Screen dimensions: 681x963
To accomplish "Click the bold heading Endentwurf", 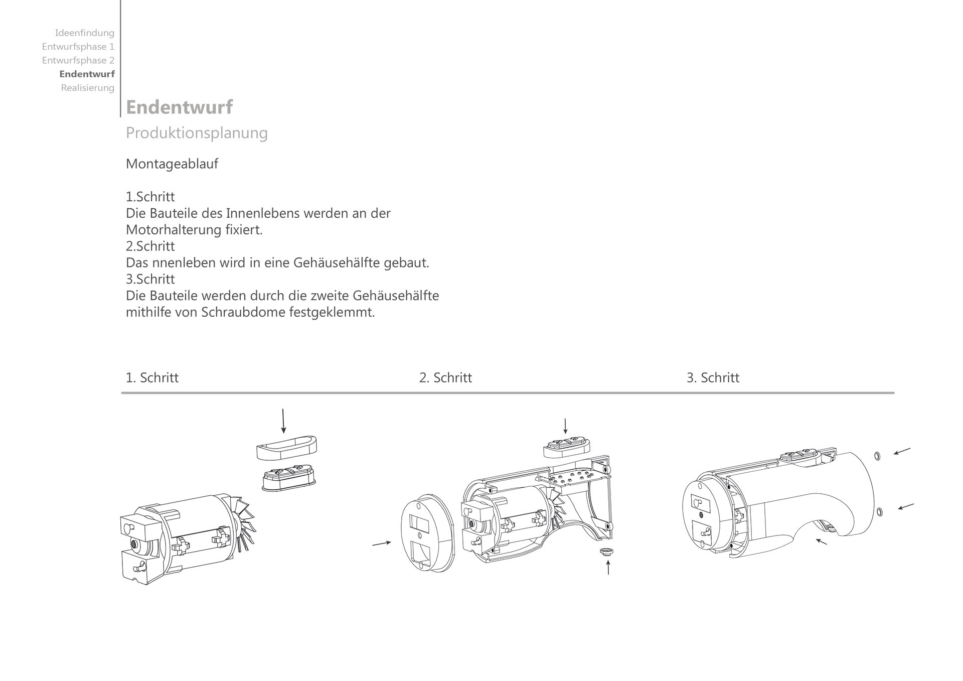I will pos(179,107).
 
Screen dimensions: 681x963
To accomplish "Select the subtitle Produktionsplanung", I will pos(197,133).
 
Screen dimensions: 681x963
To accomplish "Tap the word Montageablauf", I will pos(172,164).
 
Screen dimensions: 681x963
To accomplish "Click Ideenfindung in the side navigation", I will pos(84,33).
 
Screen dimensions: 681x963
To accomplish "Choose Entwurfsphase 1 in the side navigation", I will pos(78,47).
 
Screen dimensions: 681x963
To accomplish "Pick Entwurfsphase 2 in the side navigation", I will pos(78,60).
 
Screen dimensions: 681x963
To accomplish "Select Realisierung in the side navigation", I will pos(87,88).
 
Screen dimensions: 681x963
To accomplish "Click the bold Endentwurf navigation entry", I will pos(87,74).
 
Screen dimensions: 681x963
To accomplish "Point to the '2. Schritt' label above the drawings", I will pos(445,378).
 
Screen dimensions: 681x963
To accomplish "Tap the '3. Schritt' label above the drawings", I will pos(713,378).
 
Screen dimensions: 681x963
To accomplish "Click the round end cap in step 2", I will pos(427,533).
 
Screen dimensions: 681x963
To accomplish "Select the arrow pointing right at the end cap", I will pos(381,543).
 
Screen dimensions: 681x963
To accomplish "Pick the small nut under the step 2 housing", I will pos(606,552).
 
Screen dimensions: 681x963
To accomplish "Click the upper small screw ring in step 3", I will pos(877,456).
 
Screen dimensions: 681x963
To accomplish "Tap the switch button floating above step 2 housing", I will pos(567,446).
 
